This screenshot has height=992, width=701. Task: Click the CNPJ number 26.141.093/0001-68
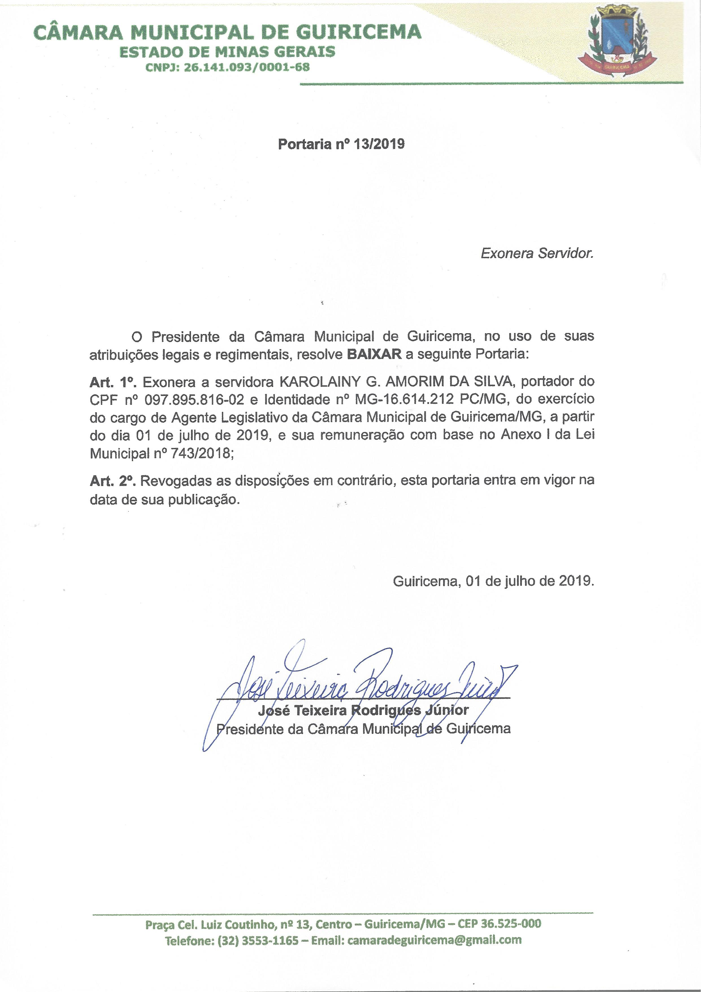point(247,67)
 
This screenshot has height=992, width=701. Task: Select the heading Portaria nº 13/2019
point(341,144)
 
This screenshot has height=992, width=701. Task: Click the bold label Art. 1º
point(113,382)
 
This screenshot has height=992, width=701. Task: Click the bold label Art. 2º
point(113,481)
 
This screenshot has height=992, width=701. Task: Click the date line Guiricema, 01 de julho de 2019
point(493,581)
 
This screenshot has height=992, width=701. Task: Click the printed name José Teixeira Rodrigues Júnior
point(363,710)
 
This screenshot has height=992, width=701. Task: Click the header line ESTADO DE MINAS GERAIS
point(227,52)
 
